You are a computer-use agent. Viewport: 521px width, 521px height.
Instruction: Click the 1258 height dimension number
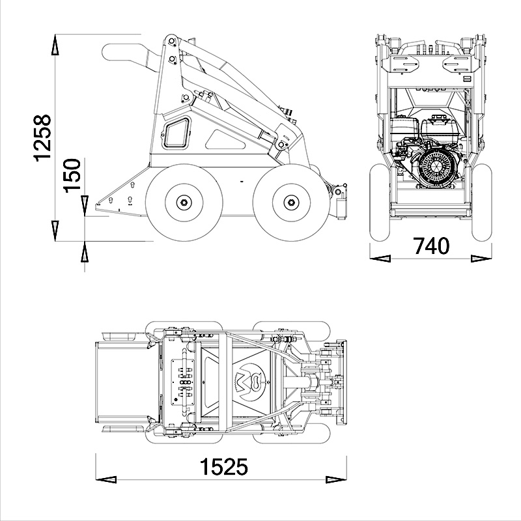(42, 138)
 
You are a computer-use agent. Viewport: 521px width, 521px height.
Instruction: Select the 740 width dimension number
(431, 246)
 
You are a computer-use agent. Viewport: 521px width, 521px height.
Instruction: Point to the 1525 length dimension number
(223, 467)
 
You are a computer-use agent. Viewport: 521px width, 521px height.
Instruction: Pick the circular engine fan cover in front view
(434, 165)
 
